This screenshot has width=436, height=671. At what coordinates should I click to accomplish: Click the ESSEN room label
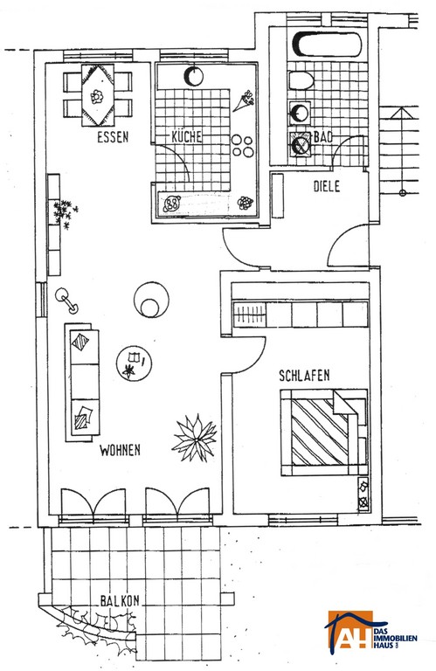113,137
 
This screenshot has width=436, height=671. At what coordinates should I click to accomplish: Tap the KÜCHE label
187,136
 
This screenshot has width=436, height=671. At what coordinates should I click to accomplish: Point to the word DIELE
327,187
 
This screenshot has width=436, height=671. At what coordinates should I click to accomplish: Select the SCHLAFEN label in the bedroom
304,376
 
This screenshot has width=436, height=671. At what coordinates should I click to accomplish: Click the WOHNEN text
120,450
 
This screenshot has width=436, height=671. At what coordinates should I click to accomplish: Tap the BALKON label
120,600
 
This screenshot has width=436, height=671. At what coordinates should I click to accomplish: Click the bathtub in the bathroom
329,44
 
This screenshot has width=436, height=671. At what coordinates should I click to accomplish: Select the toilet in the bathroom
301,80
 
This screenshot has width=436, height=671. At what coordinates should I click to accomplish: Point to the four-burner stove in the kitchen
243,146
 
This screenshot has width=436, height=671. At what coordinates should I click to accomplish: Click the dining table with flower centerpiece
98,95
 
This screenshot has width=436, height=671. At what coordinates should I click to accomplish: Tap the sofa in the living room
82,383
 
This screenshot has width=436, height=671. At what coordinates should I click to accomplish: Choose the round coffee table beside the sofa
134,363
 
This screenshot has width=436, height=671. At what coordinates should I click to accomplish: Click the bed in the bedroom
324,432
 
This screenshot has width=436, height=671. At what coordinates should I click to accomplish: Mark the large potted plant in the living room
195,438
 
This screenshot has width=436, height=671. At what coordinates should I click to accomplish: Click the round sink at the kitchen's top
193,76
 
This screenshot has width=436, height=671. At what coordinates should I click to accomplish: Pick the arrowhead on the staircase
401,113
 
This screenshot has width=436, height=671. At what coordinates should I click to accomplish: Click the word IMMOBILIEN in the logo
395,639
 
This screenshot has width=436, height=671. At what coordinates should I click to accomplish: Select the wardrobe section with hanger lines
249,315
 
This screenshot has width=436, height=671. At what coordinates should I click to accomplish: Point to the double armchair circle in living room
151,299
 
